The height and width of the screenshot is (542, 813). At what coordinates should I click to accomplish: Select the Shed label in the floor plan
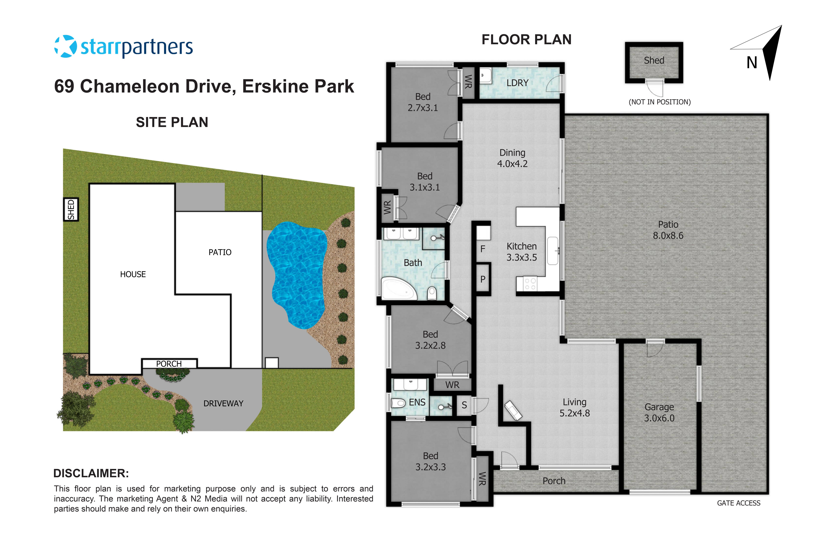click(654, 61)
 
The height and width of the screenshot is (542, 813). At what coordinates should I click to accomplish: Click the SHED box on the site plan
click(71, 209)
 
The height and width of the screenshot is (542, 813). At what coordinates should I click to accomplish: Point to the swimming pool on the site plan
click(297, 273)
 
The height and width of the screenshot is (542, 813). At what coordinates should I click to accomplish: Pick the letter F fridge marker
click(483, 249)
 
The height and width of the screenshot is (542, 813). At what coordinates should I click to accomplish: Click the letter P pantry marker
click(483, 279)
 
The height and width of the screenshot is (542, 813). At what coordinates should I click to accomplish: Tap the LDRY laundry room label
click(517, 83)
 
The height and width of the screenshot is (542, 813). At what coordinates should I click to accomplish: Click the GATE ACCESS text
click(738, 503)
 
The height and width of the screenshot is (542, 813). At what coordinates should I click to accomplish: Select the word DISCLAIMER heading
click(91, 473)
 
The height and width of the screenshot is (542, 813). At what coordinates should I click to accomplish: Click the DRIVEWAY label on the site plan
click(223, 403)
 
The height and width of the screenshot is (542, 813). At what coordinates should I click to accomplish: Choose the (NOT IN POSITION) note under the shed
click(660, 102)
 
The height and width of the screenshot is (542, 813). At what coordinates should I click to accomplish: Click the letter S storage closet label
click(464, 405)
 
